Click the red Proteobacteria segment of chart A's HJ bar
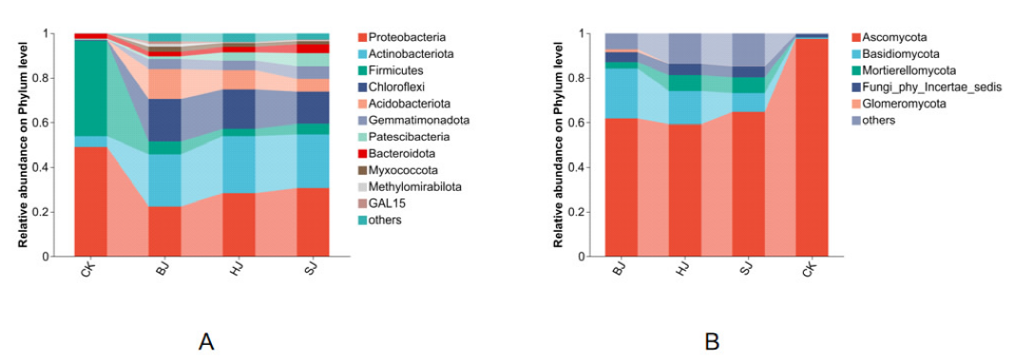coord(239,224)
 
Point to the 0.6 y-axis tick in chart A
coord(59,123)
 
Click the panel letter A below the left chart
coord(206,342)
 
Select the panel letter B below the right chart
coord(711,342)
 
